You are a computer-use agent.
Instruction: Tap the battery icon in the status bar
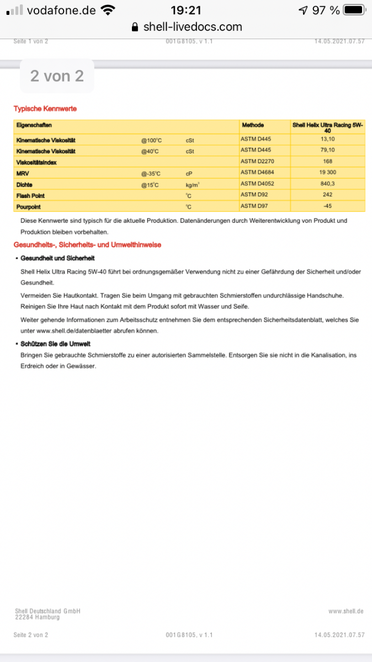coord(354,10)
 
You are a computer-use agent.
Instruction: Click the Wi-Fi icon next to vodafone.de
coord(108,10)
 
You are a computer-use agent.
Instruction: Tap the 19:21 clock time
coord(186,10)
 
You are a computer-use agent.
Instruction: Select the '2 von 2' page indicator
coord(57,76)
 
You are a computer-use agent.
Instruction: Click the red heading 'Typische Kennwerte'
coord(45,109)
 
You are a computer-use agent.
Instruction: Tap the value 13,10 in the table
coord(328,139)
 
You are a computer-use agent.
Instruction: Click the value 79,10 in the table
coord(328,151)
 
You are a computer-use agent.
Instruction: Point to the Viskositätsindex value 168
coord(328,162)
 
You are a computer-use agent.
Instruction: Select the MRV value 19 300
coord(328,173)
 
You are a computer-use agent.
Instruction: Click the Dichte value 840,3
coord(328,184)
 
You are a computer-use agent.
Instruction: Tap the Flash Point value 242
coord(328,195)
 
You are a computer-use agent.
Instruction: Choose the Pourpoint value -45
coord(328,206)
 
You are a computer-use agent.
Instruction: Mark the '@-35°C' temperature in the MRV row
coord(151,173)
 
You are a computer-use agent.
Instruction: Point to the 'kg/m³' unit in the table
coord(193,185)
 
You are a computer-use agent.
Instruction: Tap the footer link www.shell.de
coord(346,611)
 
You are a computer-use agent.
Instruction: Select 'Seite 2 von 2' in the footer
coord(31,635)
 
